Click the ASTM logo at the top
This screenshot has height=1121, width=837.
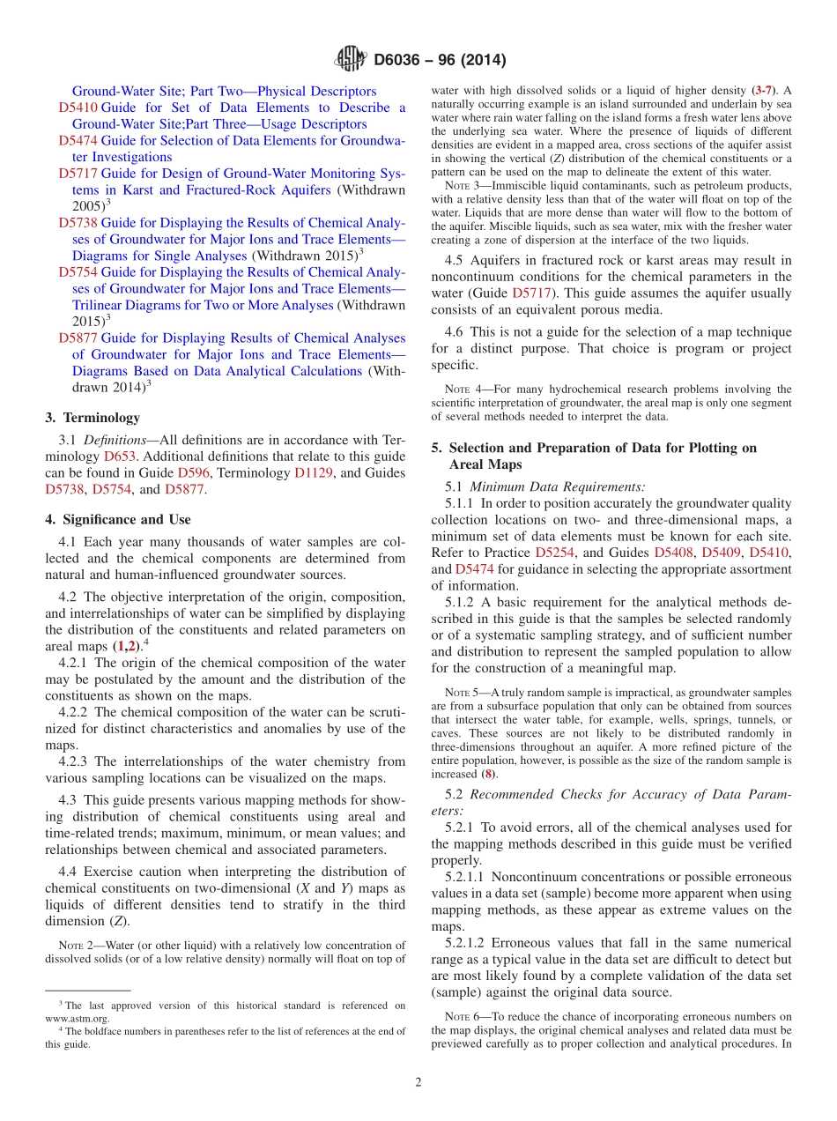[x=350, y=60]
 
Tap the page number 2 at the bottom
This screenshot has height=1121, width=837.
[x=418, y=1083]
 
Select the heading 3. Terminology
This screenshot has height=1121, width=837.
[x=92, y=418]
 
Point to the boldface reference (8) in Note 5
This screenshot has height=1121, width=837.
[x=487, y=774]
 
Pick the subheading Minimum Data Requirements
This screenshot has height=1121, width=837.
[x=558, y=486]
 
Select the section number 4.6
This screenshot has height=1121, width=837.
[x=454, y=332]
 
